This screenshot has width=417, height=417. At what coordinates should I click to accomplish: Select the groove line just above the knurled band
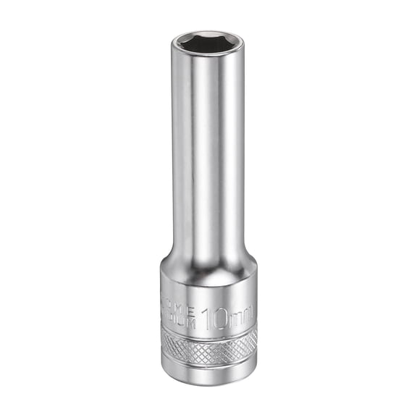point(208,332)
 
